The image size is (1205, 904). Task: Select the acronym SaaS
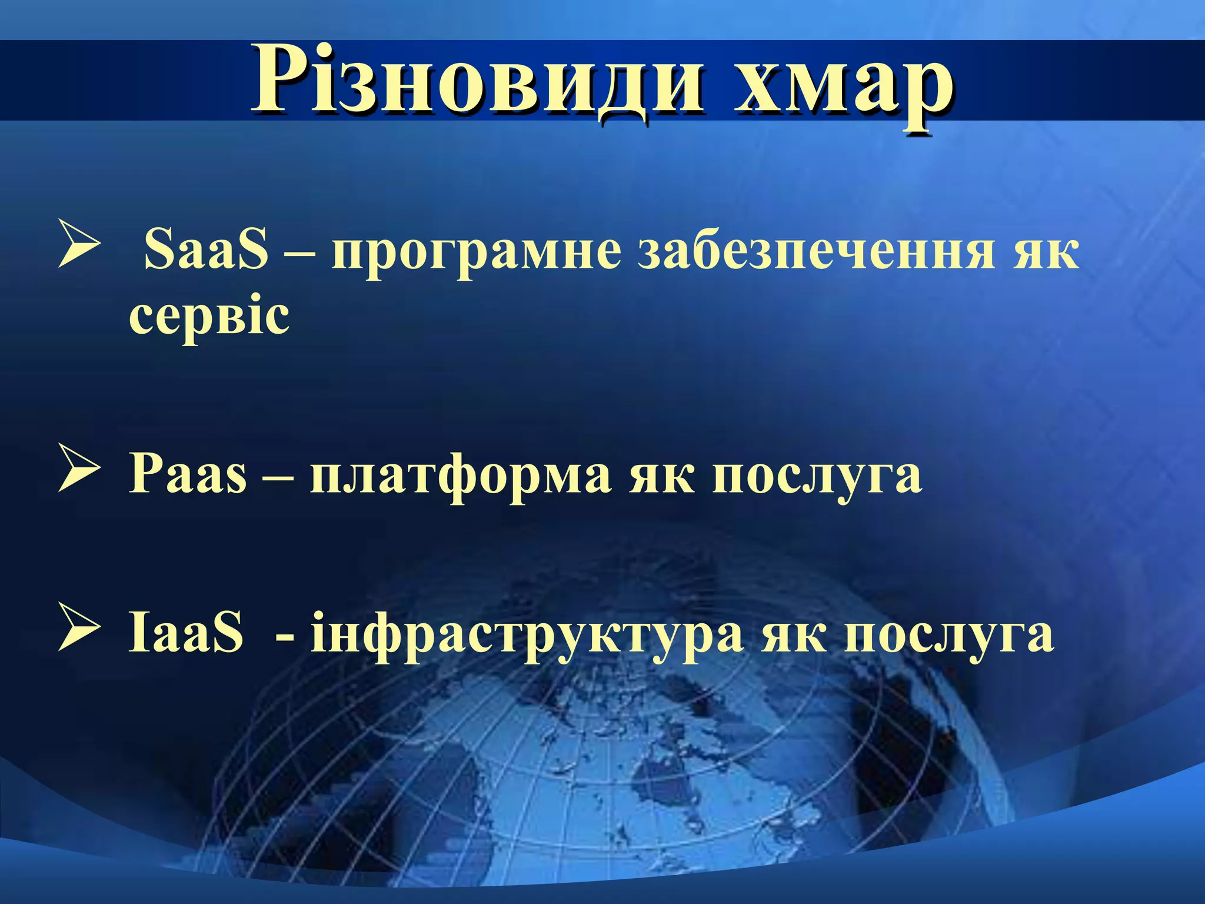(x=206, y=250)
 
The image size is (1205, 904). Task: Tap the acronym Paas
(x=188, y=474)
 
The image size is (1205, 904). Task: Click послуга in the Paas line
(x=817, y=477)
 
